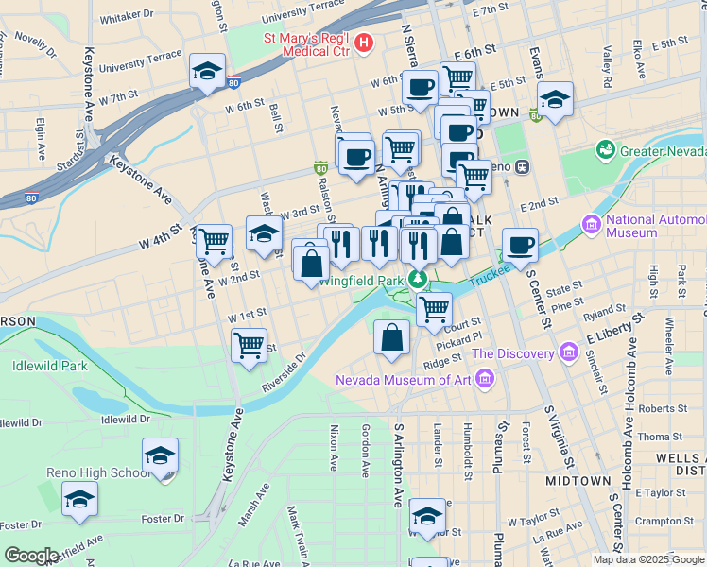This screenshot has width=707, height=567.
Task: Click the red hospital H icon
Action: pos(364,43)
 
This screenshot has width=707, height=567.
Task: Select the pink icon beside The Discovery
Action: pos(568,353)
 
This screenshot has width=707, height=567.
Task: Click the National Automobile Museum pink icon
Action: pos(592,225)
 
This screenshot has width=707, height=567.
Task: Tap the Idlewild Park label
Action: pos(49,366)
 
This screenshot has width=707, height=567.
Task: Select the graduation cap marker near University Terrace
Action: pos(207,72)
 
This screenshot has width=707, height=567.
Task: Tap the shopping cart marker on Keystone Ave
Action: pos(215,241)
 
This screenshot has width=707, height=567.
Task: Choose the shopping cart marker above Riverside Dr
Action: pos(250,345)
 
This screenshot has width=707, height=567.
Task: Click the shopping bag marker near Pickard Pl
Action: pos(392,338)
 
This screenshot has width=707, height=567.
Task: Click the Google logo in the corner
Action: pos(30,556)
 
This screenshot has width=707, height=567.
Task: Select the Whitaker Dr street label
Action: pos(126,15)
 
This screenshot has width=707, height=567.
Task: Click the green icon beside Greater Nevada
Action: pos(605,150)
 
